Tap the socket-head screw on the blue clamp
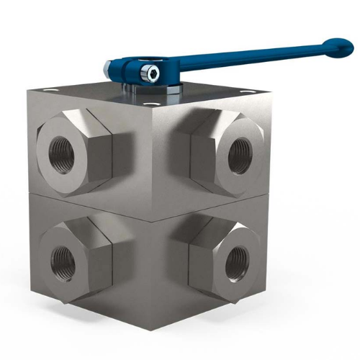point(150,72)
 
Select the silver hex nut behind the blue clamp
point(108,68)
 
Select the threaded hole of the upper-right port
point(237,152)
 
